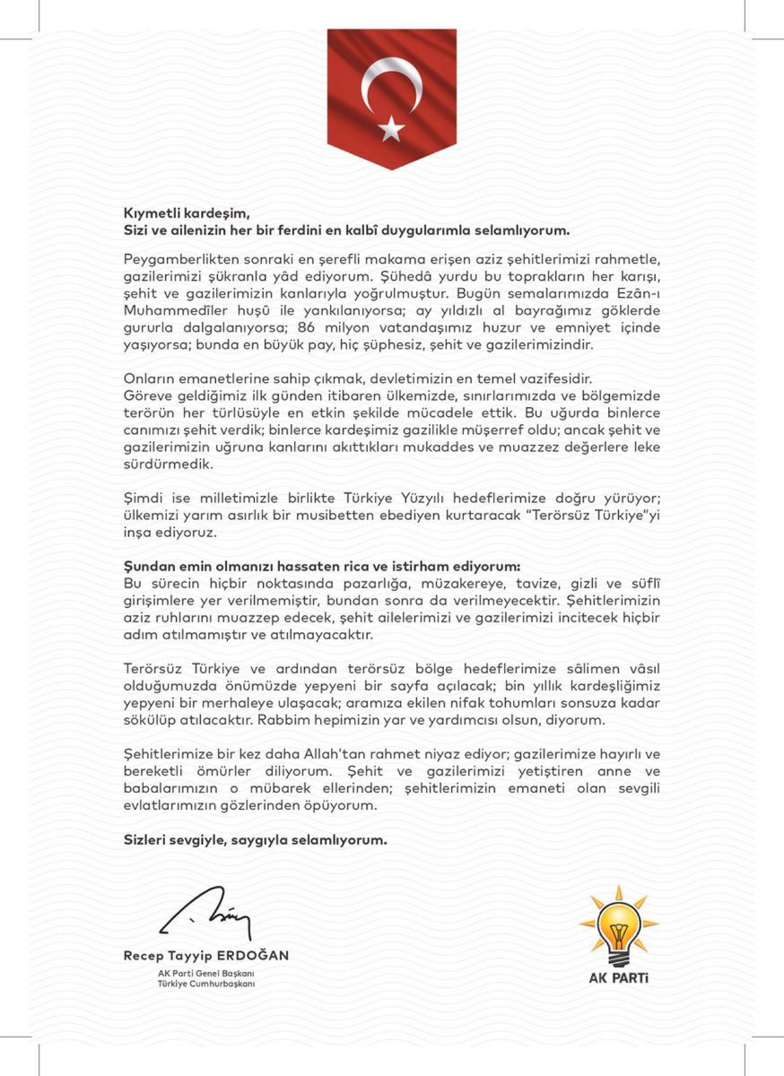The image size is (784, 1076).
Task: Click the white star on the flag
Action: (391, 129)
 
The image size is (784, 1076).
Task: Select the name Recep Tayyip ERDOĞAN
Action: (206, 956)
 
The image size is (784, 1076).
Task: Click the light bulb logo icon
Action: (618, 924)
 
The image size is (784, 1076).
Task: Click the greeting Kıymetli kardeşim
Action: (185, 213)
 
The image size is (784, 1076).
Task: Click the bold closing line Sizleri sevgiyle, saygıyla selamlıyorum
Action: (255, 840)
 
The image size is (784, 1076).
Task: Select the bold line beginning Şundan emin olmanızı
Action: (321, 566)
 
